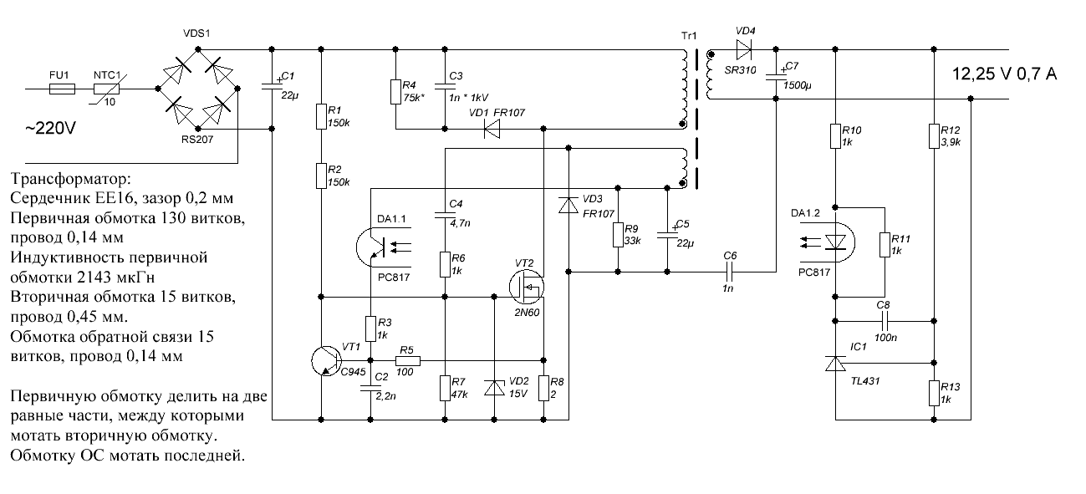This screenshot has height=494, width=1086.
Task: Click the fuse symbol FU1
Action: pos(60,88)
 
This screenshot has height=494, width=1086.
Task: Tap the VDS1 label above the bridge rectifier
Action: pos(197,33)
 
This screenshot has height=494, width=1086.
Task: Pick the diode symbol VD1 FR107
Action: pos(494,129)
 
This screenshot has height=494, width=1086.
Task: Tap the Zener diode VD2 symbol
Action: pos(495,387)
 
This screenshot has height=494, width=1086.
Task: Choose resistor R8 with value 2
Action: pos(544,388)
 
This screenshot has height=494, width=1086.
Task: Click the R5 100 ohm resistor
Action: pos(406,360)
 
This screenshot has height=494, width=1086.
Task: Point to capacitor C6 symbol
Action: pos(729,272)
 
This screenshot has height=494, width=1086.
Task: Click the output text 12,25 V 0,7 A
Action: pos(1004,74)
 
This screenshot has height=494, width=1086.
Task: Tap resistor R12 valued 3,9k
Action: pos(934,136)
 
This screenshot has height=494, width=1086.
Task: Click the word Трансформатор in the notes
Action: pos(72,180)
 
